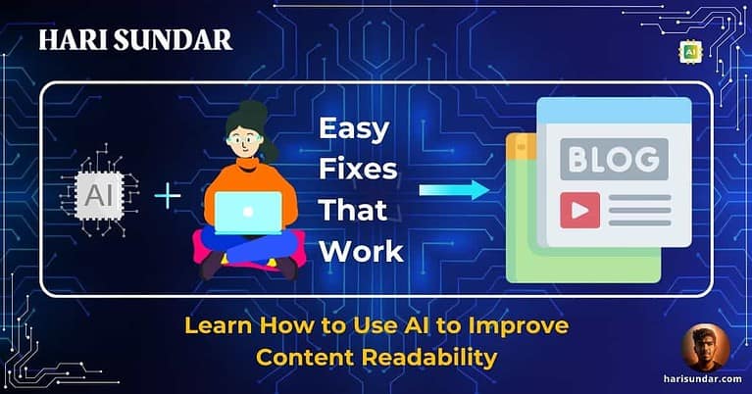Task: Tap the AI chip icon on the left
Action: pyautogui.click(x=99, y=194)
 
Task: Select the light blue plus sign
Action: pyautogui.click(x=168, y=196)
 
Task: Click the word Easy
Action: pyautogui.click(x=354, y=129)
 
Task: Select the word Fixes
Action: pyautogui.click(x=358, y=170)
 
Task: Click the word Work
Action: pyautogui.click(x=360, y=250)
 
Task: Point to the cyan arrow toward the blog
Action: pyautogui.click(x=453, y=189)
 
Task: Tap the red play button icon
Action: pyautogui.click(x=578, y=210)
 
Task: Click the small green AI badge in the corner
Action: pyautogui.click(x=690, y=50)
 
